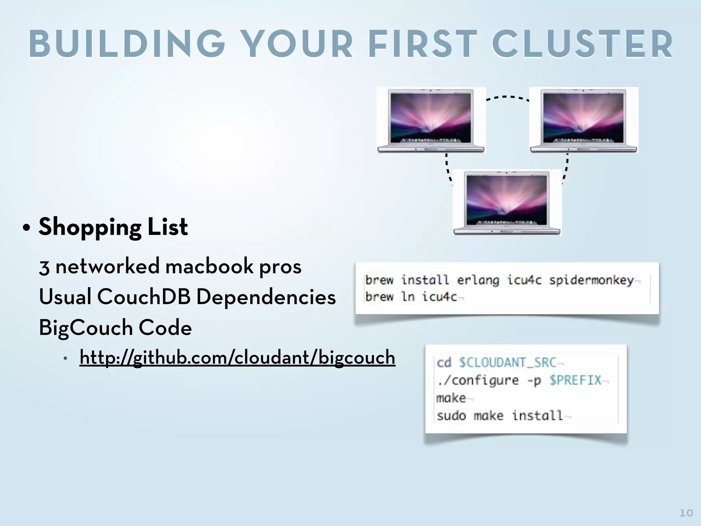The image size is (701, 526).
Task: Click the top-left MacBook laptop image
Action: (431, 120)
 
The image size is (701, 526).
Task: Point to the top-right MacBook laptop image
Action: (584, 120)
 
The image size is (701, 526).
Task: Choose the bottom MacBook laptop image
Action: (507, 202)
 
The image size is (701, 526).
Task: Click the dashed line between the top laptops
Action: (508, 97)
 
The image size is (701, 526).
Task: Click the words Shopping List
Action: (113, 227)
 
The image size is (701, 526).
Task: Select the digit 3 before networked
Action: (44, 267)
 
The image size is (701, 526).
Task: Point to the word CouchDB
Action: (144, 297)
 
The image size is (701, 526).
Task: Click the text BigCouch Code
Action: (115, 327)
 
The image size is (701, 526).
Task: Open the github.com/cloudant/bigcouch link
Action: (237, 358)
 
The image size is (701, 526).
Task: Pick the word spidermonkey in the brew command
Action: (591, 280)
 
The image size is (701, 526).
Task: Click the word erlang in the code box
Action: (478, 280)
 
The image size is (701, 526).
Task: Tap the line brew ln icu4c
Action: (411, 297)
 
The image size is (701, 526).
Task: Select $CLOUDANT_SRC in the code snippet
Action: (508, 363)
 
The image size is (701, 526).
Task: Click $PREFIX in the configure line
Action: (575, 380)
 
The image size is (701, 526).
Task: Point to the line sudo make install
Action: (500, 416)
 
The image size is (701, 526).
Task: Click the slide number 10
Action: (686, 513)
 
